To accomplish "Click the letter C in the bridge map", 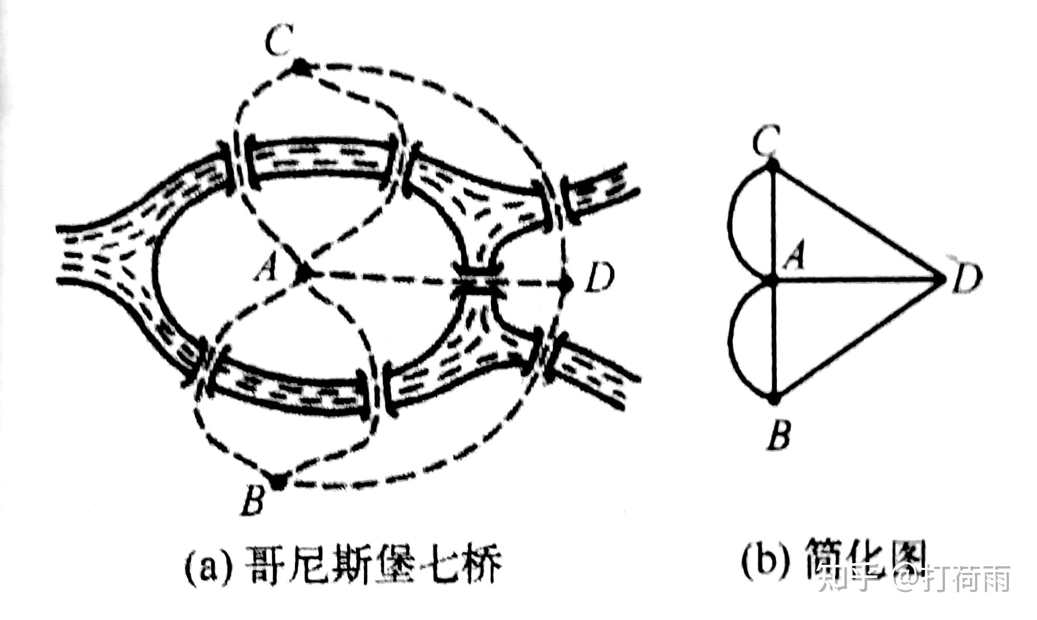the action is [x=279, y=41].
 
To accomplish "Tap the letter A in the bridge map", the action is [x=267, y=268].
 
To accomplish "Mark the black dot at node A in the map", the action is [x=303, y=274].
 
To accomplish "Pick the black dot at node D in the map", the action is [x=566, y=283].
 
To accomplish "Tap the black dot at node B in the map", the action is [x=279, y=481].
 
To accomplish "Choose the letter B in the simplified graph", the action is [x=779, y=435].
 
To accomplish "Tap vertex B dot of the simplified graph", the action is [x=774, y=398].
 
